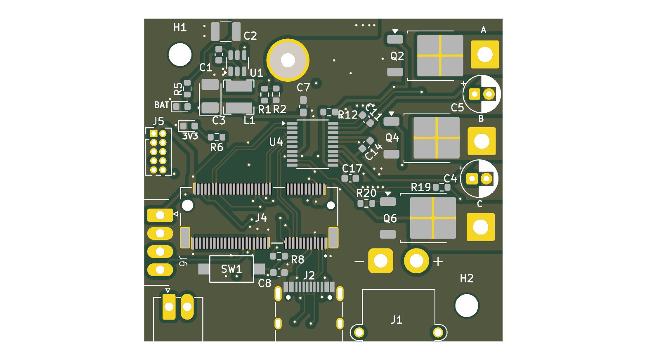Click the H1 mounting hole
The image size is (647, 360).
click(179, 54)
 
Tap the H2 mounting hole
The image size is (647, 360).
click(466, 306)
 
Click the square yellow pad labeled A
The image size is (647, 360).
click(485, 54)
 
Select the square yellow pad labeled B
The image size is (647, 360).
click(482, 141)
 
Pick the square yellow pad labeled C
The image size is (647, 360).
click(481, 227)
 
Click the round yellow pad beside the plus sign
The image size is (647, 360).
click(416, 261)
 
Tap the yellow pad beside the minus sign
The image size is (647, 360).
click(380, 261)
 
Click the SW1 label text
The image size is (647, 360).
click(231, 269)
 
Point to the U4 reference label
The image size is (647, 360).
click(276, 142)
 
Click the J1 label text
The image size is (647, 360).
click(396, 320)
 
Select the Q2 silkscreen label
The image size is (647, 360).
click(397, 56)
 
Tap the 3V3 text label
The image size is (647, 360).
click(190, 136)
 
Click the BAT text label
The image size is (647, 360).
click(161, 105)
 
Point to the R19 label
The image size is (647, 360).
click(421, 187)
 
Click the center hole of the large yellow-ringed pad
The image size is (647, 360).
click(288, 60)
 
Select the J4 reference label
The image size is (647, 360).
click(261, 218)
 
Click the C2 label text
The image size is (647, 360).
click(250, 36)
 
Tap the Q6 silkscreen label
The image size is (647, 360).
click(390, 218)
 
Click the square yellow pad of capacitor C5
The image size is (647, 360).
click(474, 94)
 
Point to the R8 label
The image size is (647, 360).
click(298, 260)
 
